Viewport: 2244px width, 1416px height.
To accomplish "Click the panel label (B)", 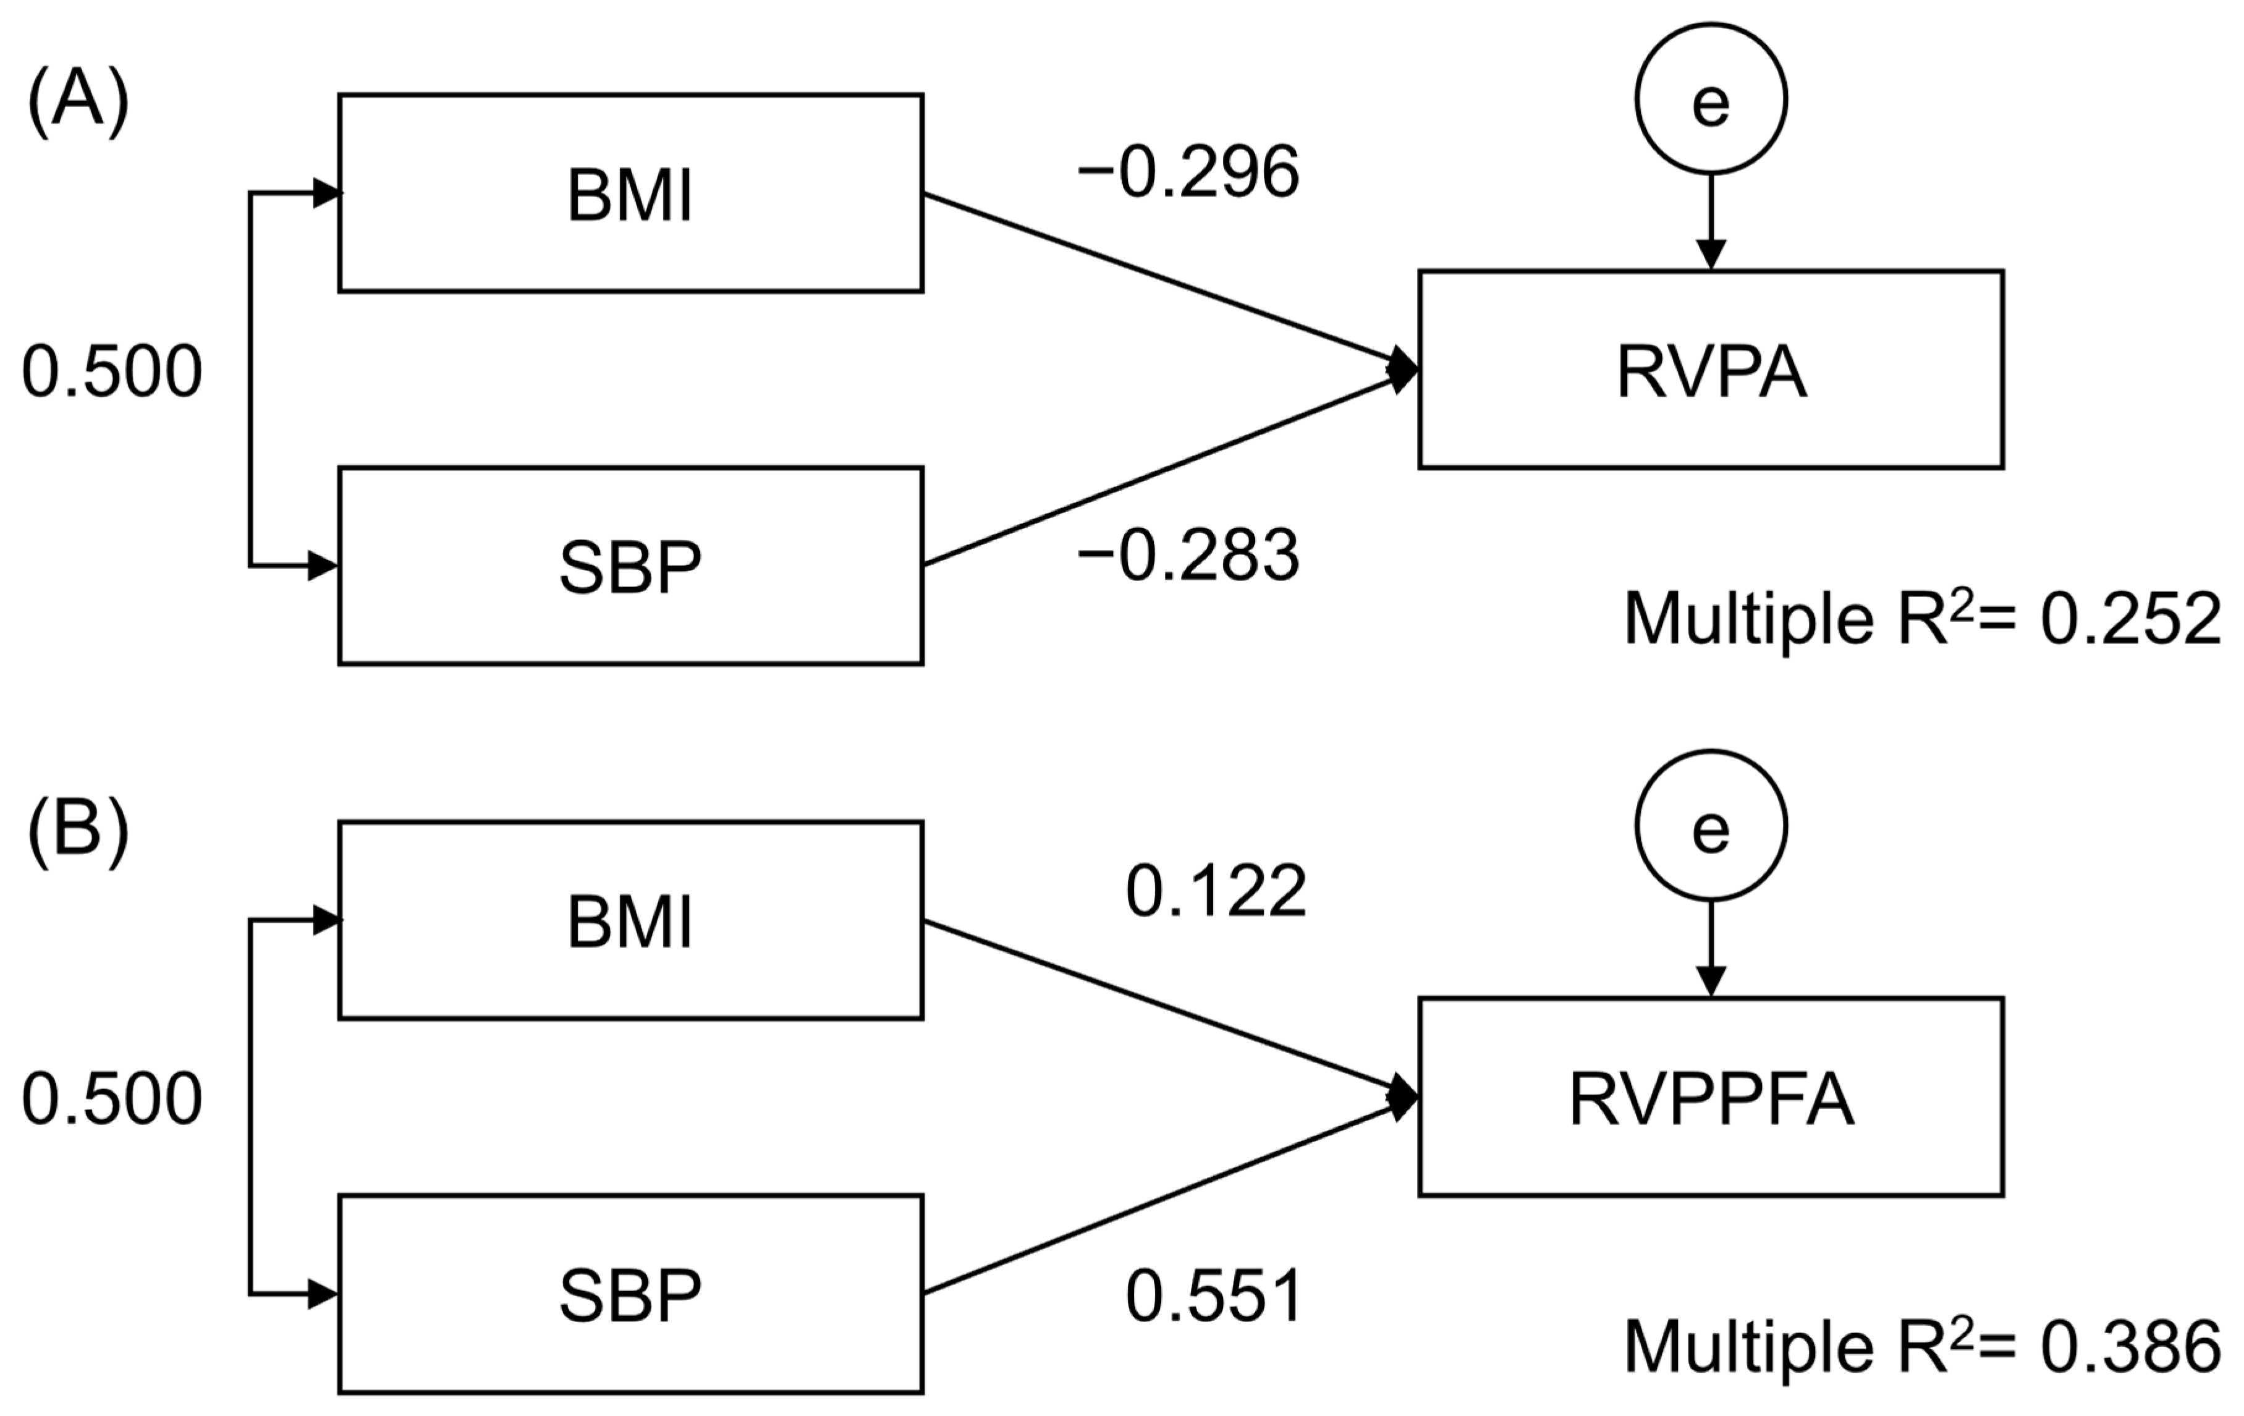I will click(x=77, y=829).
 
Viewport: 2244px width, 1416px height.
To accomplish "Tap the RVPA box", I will click(x=1710, y=370).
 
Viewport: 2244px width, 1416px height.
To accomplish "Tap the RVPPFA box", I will click(x=1710, y=1097).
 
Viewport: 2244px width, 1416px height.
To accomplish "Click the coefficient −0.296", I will click(x=1188, y=174).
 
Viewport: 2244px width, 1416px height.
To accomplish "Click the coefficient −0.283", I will click(x=1188, y=556).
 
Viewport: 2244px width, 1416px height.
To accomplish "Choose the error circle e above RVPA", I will click(x=1710, y=99).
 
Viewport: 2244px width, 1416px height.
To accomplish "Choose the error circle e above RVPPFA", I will click(x=1710, y=826).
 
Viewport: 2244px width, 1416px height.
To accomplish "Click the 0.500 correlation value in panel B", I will click(x=112, y=1099).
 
